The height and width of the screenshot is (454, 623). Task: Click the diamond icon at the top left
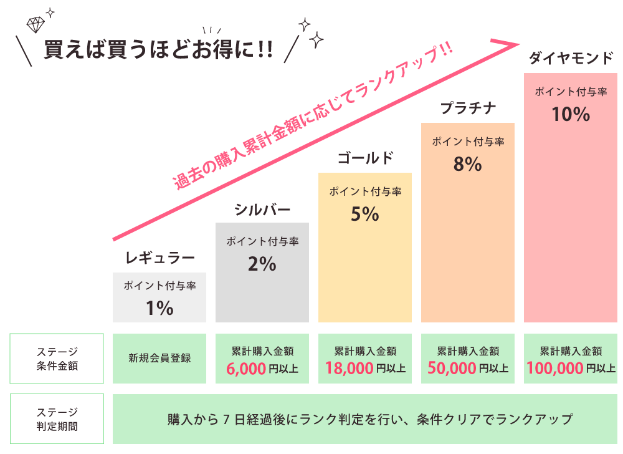35,24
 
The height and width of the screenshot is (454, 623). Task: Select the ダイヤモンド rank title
571,58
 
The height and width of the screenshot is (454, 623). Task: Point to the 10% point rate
571,114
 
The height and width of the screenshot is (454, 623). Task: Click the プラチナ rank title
468,108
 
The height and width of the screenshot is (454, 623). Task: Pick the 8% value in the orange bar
468,164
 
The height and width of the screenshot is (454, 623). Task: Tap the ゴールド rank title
365,158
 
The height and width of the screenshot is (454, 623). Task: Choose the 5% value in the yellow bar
365,214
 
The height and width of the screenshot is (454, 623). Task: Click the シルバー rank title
262,209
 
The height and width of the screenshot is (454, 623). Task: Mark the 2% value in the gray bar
262,264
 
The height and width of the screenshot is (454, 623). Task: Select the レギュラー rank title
160,258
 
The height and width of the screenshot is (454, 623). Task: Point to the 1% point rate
159,308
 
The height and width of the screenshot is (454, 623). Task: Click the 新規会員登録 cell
159,359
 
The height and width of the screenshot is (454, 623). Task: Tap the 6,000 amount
247,368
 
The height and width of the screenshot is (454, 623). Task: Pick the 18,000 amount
349,368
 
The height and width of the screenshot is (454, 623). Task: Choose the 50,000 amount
452,368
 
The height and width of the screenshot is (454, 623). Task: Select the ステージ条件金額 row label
57,359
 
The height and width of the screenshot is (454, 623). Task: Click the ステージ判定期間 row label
57,419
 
